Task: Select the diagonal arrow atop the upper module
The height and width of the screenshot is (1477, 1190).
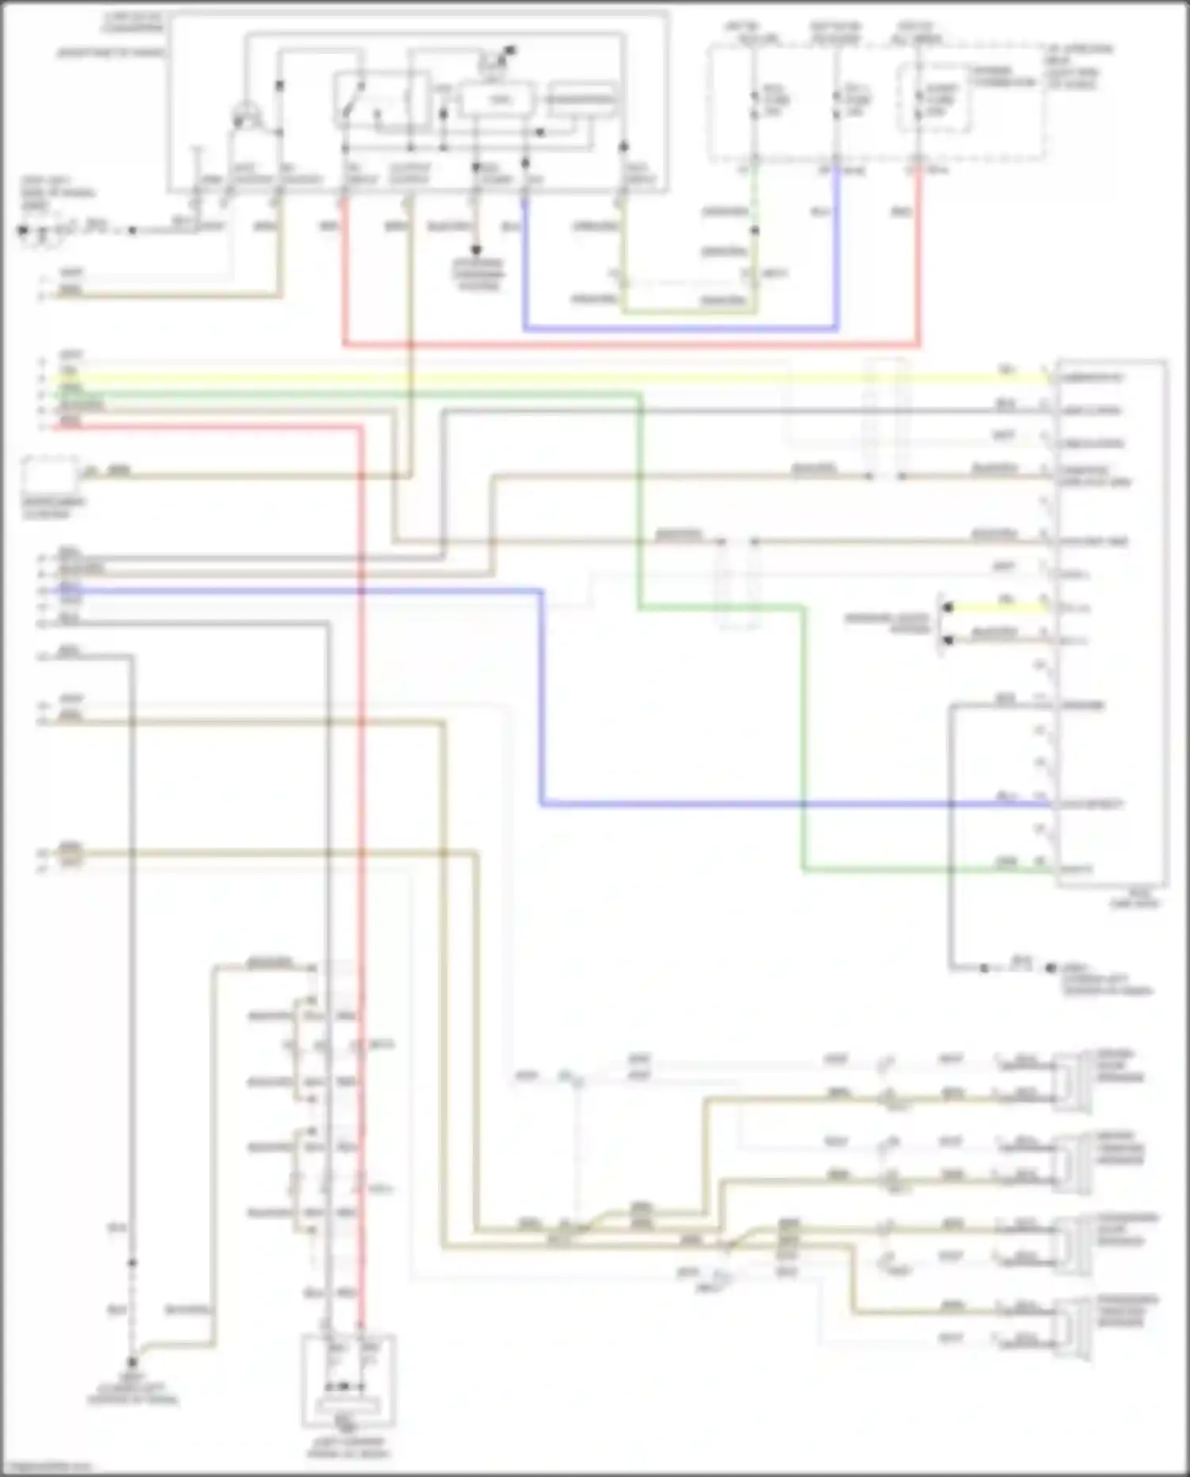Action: [x=503, y=56]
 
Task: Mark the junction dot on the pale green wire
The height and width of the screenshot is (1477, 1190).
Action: [x=754, y=231]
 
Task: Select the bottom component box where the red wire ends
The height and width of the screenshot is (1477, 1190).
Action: [x=347, y=1381]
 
